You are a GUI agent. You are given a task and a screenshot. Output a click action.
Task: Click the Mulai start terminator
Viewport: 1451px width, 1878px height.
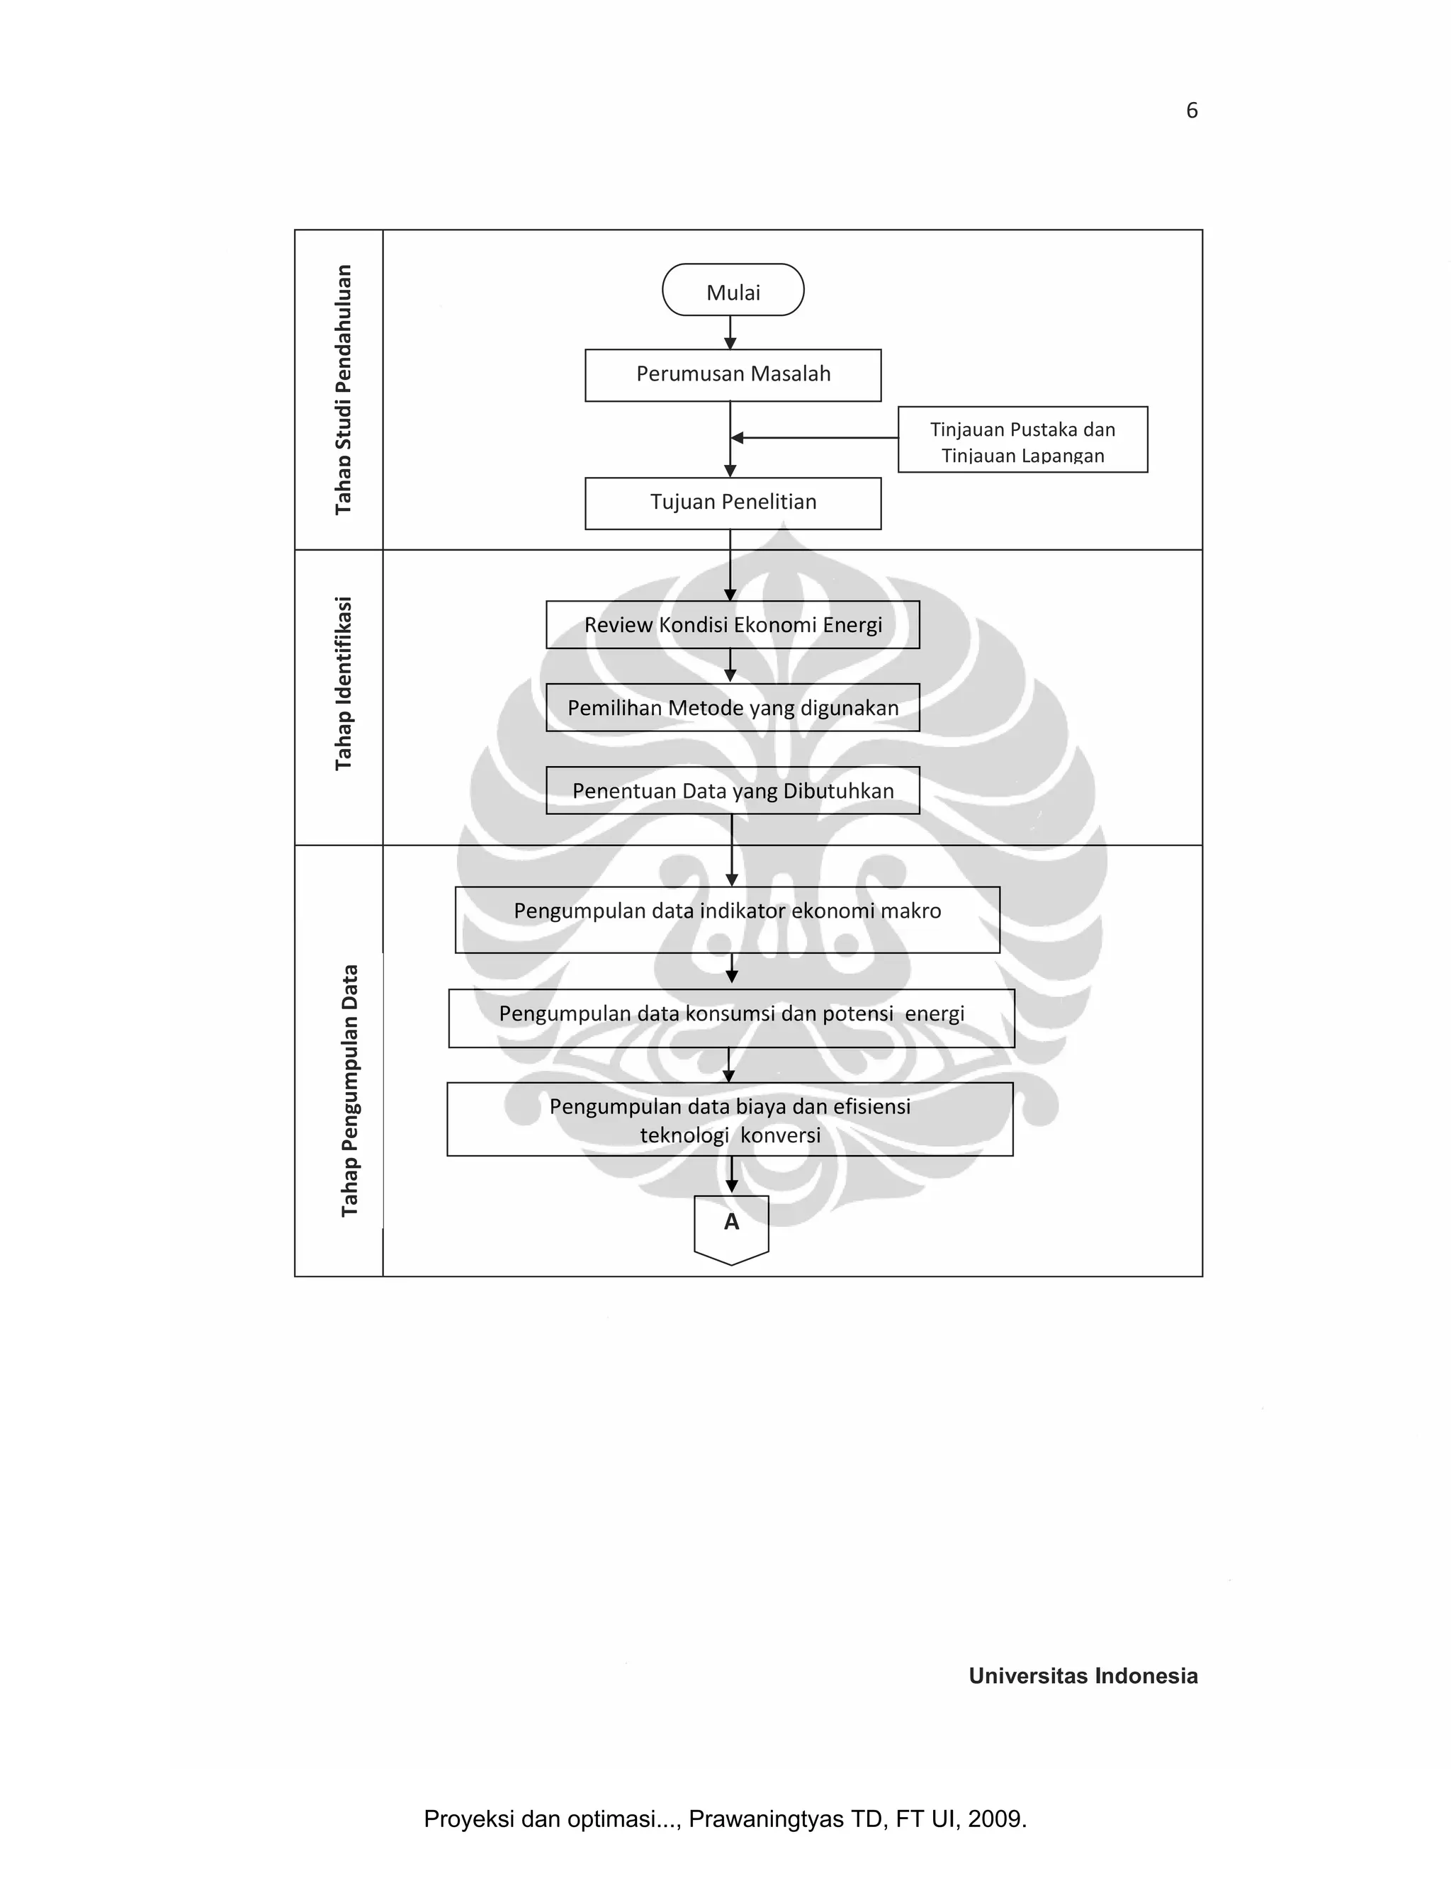(733, 291)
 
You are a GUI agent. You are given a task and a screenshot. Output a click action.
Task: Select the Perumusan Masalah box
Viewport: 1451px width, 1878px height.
(733, 375)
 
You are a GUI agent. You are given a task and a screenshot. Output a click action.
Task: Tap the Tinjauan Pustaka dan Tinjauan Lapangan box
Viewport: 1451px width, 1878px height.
(1022, 440)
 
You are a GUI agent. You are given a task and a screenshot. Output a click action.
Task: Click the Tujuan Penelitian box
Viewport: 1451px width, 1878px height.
(733, 503)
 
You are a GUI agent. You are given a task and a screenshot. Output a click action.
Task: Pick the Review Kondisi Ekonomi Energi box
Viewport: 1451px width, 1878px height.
(733, 625)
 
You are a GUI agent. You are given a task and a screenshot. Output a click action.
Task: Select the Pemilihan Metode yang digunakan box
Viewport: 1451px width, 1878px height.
(733, 708)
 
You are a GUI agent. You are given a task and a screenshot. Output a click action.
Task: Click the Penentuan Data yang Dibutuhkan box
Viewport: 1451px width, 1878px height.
(733, 790)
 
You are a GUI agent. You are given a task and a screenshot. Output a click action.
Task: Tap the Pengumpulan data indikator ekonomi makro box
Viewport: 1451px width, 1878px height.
(727, 919)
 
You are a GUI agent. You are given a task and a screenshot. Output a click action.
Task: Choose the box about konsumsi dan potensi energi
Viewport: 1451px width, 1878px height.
(730, 1018)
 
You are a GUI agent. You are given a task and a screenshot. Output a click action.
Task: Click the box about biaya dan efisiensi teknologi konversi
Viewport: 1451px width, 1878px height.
(730, 1120)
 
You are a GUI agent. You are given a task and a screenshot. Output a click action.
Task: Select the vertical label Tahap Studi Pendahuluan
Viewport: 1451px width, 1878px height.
(343, 390)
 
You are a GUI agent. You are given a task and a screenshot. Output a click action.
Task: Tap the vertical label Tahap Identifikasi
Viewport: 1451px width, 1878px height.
(343, 684)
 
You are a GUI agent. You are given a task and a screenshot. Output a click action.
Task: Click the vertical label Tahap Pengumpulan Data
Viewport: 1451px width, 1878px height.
(349, 1091)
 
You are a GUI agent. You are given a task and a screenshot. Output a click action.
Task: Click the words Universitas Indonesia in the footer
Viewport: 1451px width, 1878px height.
(1083, 1675)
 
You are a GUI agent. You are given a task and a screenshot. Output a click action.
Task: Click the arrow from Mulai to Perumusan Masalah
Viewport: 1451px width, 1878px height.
(730, 332)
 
